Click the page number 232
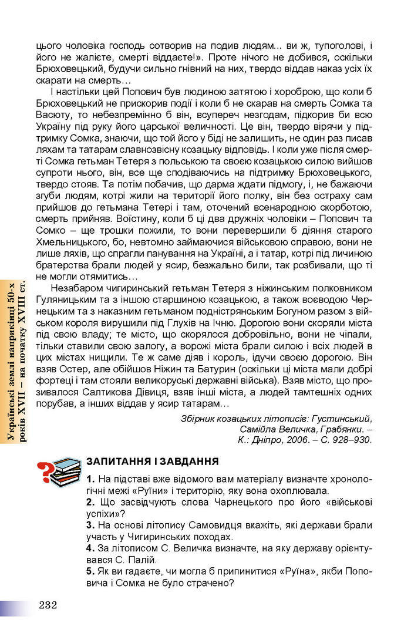[x=48, y=605]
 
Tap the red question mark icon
[x=43, y=471]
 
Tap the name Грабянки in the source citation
[x=345, y=429]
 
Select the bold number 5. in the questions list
[x=90, y=571]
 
